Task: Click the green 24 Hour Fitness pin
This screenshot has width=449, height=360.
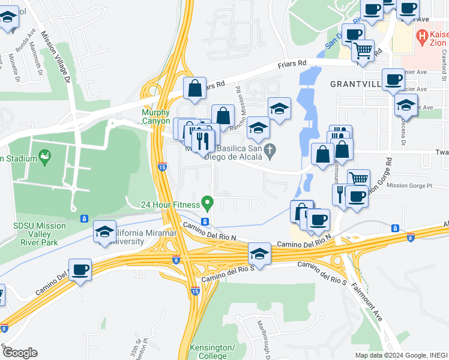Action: (207, 203)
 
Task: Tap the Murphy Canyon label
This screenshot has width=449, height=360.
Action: (155, 116)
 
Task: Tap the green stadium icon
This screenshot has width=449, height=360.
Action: (44, 157)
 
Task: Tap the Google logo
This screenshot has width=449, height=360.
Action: (20, 352)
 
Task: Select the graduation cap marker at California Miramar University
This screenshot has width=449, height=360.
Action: (104, 232)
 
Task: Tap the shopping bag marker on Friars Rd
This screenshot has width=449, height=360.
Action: (194, 89)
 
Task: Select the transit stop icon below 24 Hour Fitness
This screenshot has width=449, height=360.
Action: (205, 222)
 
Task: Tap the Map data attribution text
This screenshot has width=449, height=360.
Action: (400, 355)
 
